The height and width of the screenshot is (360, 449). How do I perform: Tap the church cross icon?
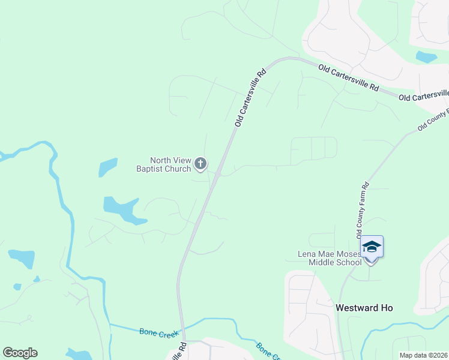[200, 163]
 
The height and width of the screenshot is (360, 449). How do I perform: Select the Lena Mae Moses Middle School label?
[330, 258]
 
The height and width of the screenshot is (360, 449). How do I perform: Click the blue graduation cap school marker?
[372, 247]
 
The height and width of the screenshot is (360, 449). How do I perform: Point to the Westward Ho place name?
[364, 308]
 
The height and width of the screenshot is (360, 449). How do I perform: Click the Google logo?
[20, 353]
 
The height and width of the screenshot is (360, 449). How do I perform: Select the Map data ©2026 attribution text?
[423, 355]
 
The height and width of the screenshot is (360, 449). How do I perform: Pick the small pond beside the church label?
[108, 167]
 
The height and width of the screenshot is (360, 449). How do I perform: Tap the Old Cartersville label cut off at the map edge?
[424, 96]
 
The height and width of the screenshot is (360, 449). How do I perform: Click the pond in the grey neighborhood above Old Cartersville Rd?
[426, 58]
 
